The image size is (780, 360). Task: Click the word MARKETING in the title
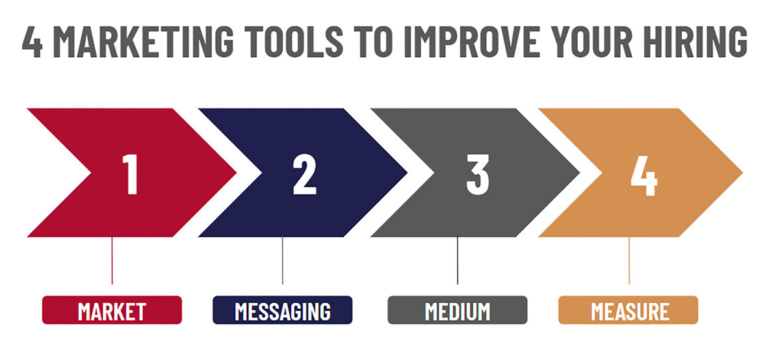[143, 42]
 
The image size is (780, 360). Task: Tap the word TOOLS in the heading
[294, 42]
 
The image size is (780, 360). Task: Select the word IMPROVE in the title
[472, 42]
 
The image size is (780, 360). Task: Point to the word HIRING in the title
[695, 42]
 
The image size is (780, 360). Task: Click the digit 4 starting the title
[32, 42]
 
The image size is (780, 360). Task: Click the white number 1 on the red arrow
[130, 174]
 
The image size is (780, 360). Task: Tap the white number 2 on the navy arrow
[304, 174]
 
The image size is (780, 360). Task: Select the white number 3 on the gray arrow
[478, 174]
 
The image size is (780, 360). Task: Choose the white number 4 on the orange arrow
[644, 175]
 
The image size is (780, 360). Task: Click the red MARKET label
[112, 310]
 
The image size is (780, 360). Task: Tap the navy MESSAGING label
[282, 310]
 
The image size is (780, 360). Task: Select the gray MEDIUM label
[458, 310]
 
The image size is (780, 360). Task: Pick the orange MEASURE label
[628, 310]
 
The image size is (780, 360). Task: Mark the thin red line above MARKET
[112, 261]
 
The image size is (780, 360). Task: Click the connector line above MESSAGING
[282, 261]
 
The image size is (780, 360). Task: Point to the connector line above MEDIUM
[458, 261]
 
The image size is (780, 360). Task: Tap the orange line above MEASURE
[629, 261]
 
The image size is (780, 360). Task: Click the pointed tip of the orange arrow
[742, 173]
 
